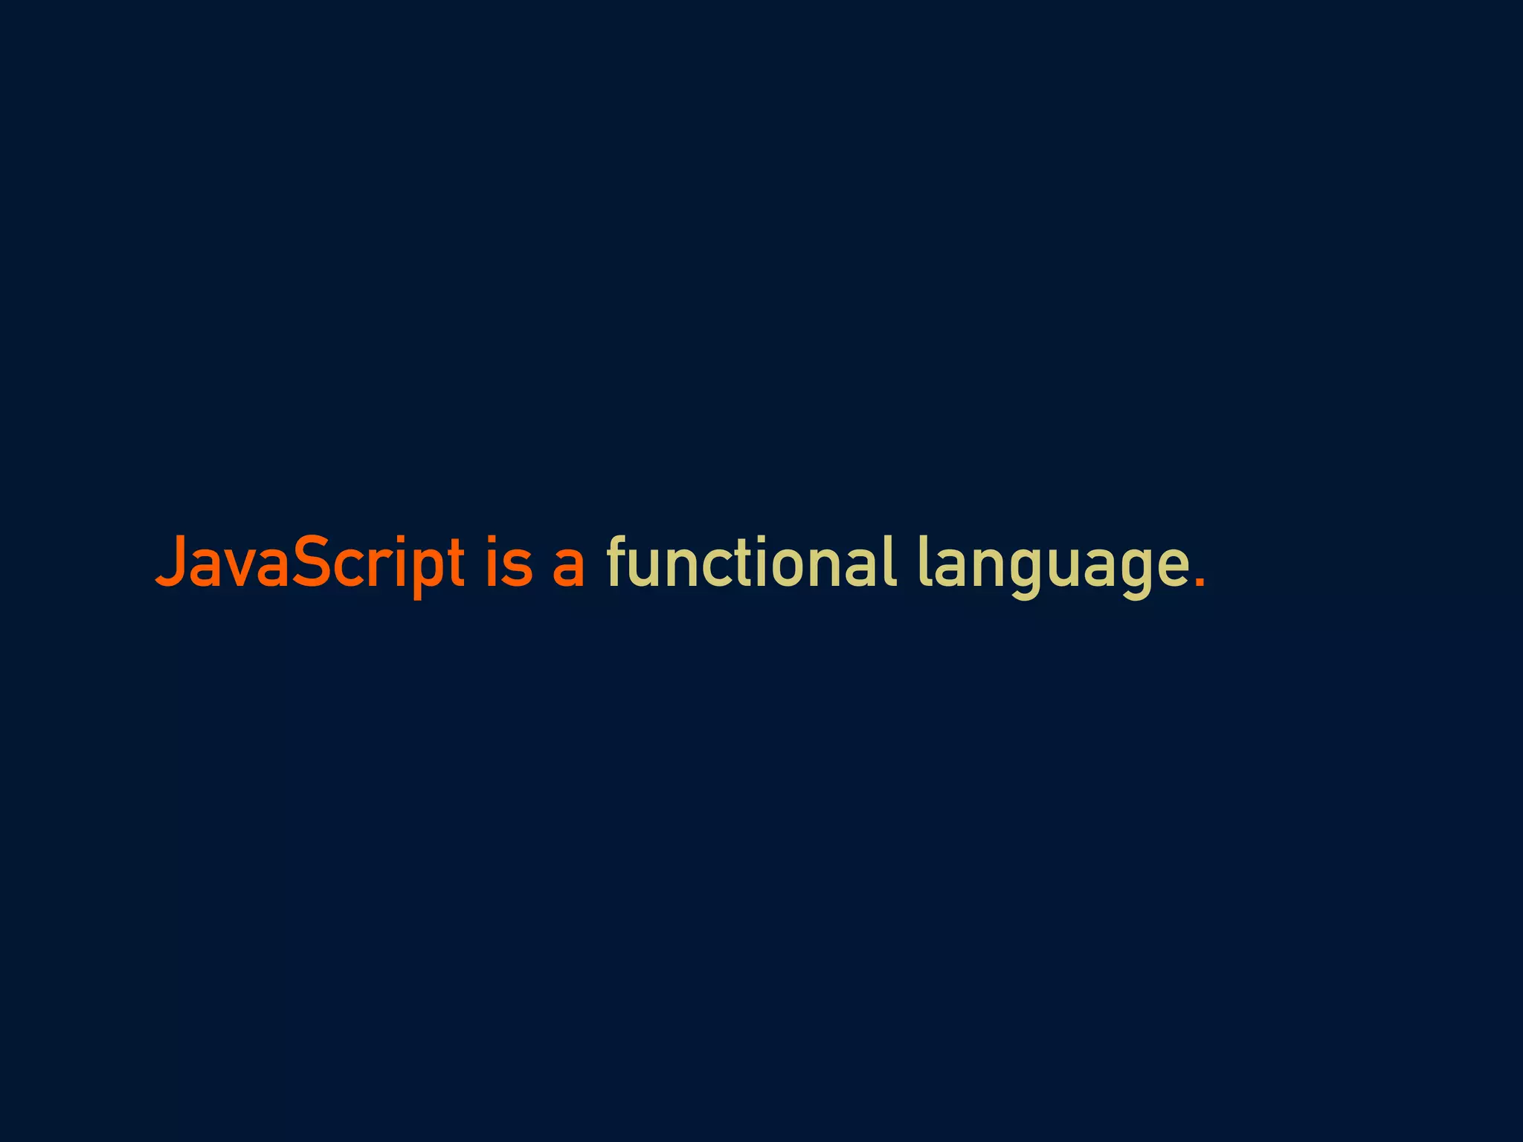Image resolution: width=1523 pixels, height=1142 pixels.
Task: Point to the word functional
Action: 751,563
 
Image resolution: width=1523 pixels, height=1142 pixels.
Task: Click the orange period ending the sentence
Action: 1199,582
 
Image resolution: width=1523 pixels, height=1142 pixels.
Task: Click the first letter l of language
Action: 923,561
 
